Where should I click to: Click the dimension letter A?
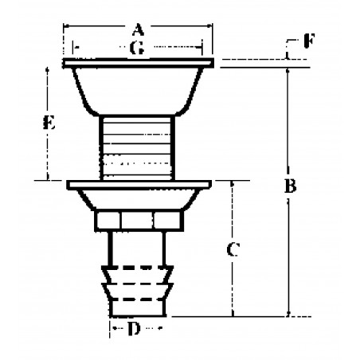pos(138,29)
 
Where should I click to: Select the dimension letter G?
pos(137,49)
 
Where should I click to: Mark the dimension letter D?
pos(136,327)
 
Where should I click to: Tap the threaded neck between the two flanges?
pos(138,147)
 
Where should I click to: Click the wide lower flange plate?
pos(138,186)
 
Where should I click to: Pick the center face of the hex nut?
pos(138,220)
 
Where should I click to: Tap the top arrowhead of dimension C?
pos(233,184)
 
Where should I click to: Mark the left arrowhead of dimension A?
pos(66,29)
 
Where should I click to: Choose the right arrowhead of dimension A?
pos(211,29)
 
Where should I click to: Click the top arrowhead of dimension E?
pos(49,70)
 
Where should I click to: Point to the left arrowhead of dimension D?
pos(112,327)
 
